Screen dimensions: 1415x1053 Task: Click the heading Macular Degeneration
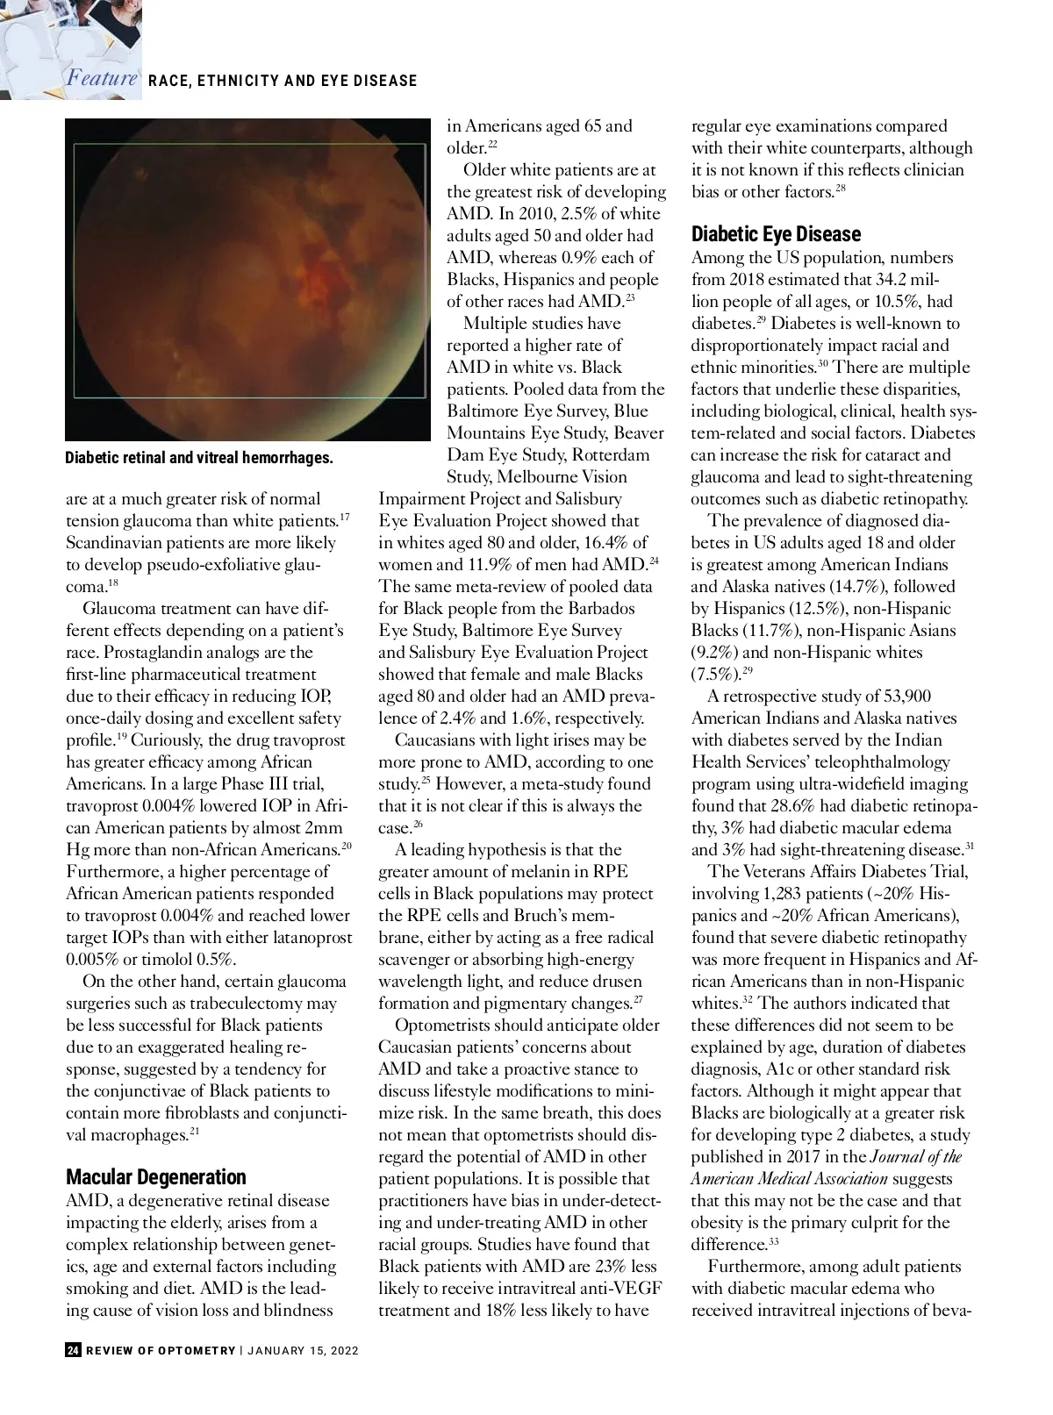[x=156, y=1177]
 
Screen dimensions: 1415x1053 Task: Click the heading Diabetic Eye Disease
[x=776, y=234]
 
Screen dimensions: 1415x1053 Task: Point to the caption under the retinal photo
[x=199, y=458]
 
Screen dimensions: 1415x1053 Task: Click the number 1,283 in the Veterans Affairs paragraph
[x=792, y=894]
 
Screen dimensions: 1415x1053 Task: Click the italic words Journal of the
[x=916, y=1157]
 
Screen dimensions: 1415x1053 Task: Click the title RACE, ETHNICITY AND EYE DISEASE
[x=283, y=81]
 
